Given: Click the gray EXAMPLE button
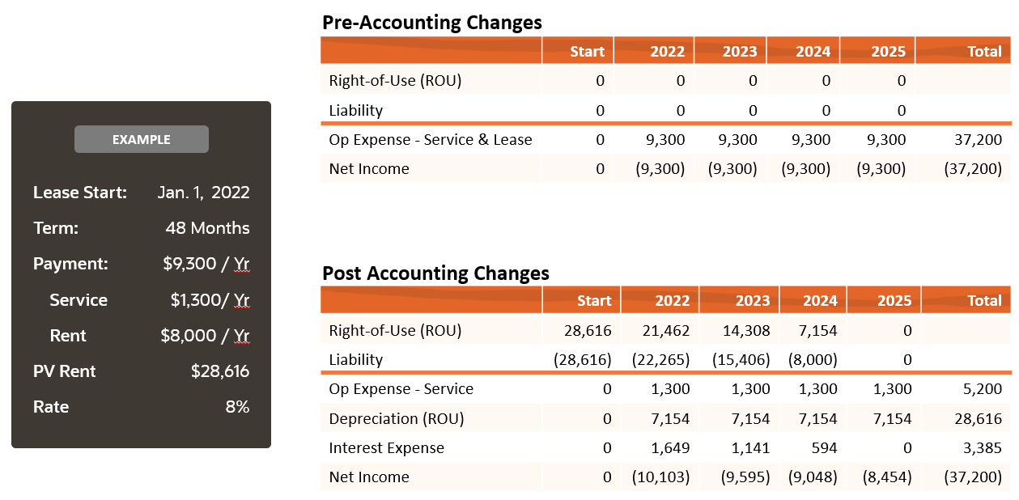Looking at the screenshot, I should tap(141, 139).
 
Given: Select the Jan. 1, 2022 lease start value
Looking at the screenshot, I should tap(203, 193).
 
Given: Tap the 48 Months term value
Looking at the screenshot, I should tap(207, 228).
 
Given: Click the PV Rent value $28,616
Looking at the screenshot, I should tap(220, 371).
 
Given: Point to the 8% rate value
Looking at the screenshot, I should tap(237, 407).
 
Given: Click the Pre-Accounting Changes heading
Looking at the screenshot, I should tap(432, 23).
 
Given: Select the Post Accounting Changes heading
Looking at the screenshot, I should tap(435, 273).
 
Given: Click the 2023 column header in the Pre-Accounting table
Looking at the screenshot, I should tap(739, 51).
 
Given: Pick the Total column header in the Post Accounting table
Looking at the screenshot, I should tap(984, 300).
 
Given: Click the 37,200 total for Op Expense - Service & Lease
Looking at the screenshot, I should tap(978, 140).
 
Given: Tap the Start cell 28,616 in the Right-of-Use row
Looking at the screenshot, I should tap(588, 330).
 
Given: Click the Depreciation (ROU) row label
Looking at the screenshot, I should tap(396, 419).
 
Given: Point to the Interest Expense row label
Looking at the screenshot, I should tap(386, 448).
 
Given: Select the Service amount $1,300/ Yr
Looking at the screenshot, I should tap(210, 300).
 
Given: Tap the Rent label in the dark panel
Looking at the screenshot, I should tap(67, 336).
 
